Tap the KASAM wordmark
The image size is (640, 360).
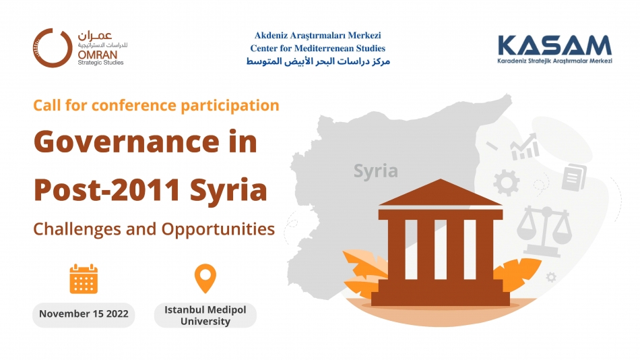point(554,45)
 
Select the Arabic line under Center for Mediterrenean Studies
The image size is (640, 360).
point(318,61)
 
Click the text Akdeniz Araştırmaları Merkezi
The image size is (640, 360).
point(317,36)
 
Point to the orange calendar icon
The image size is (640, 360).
point(84,278)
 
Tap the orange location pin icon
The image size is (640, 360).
point(205,277)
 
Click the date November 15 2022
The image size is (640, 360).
point(84,314)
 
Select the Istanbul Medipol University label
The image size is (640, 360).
point(205,316)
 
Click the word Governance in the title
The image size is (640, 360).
point(127,142)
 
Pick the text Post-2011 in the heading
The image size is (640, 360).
point(107,190)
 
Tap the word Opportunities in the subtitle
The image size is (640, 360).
point(218,229)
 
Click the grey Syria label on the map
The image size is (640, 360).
point(375,171)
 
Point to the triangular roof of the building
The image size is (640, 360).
point(441,193)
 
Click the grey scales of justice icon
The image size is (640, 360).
point(544,231)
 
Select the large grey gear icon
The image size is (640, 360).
point(507,183)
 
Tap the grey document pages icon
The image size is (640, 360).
point(574,177)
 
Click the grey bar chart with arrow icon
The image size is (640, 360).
point(525,147)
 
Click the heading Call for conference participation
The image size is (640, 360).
point(156,105)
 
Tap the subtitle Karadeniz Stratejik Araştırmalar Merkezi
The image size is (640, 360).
point(554,61)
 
